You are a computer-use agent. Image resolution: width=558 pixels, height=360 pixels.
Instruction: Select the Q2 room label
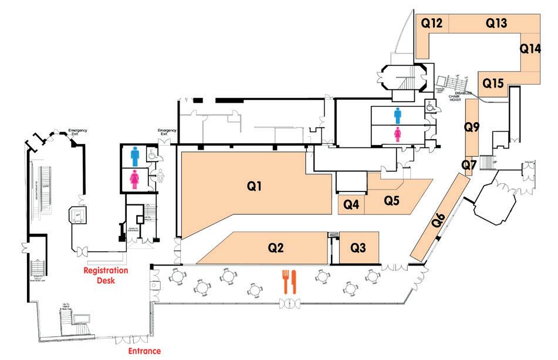click(276, 247)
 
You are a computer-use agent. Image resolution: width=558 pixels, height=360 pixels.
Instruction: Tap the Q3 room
click(358, 247)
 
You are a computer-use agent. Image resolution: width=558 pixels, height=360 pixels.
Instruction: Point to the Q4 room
click(351, 204)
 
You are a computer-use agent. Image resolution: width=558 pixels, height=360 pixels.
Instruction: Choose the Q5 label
click(391, 200)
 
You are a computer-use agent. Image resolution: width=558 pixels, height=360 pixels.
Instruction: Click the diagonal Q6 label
click(439, 221)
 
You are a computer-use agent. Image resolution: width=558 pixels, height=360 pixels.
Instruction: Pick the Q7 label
click(468, 166)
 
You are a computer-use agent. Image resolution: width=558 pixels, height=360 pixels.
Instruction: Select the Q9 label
click(472, 126)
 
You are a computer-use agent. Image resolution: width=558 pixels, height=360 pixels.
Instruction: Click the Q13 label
click(496, 23)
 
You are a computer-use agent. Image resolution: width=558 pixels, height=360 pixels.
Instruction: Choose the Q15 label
click(493, 84)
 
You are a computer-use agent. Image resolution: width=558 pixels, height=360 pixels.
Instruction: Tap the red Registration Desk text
click(106, 275)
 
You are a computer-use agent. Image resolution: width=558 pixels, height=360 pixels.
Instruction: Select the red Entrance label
click(144, 351)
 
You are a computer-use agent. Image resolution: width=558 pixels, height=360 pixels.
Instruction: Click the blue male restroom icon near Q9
click(397, 115)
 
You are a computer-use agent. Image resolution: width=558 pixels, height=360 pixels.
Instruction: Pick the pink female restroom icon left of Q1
click(134, 179)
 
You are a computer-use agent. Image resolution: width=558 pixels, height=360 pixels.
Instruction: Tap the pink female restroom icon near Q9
click(397, 134)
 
